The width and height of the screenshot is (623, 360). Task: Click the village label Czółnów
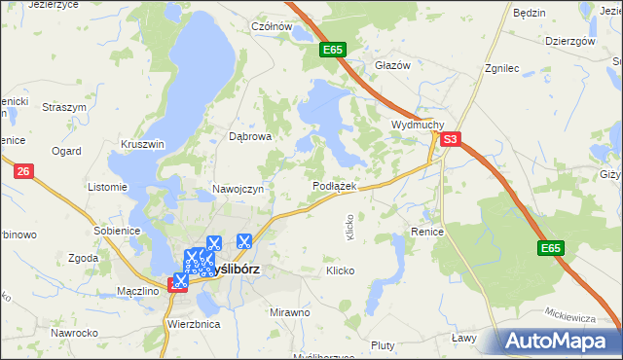pos(272,27)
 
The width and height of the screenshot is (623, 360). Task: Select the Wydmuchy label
pos(418,126)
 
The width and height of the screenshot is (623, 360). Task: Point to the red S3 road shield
pos(449,140)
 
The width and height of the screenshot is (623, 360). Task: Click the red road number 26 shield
pos(24,171)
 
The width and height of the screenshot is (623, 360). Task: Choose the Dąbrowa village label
pos(250,137)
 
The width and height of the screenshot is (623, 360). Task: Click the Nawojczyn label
pos(238,189)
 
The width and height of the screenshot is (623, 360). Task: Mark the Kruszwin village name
pos(143,143)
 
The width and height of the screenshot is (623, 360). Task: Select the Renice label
pos(427,233)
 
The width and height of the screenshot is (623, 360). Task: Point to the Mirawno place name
pos(290,312)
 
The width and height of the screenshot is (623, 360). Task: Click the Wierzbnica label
pos(194,323)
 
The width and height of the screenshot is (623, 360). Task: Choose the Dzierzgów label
pos(569,42)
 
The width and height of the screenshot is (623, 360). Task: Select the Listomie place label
pos(107,187)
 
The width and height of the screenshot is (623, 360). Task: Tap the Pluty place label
pos(383,345)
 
